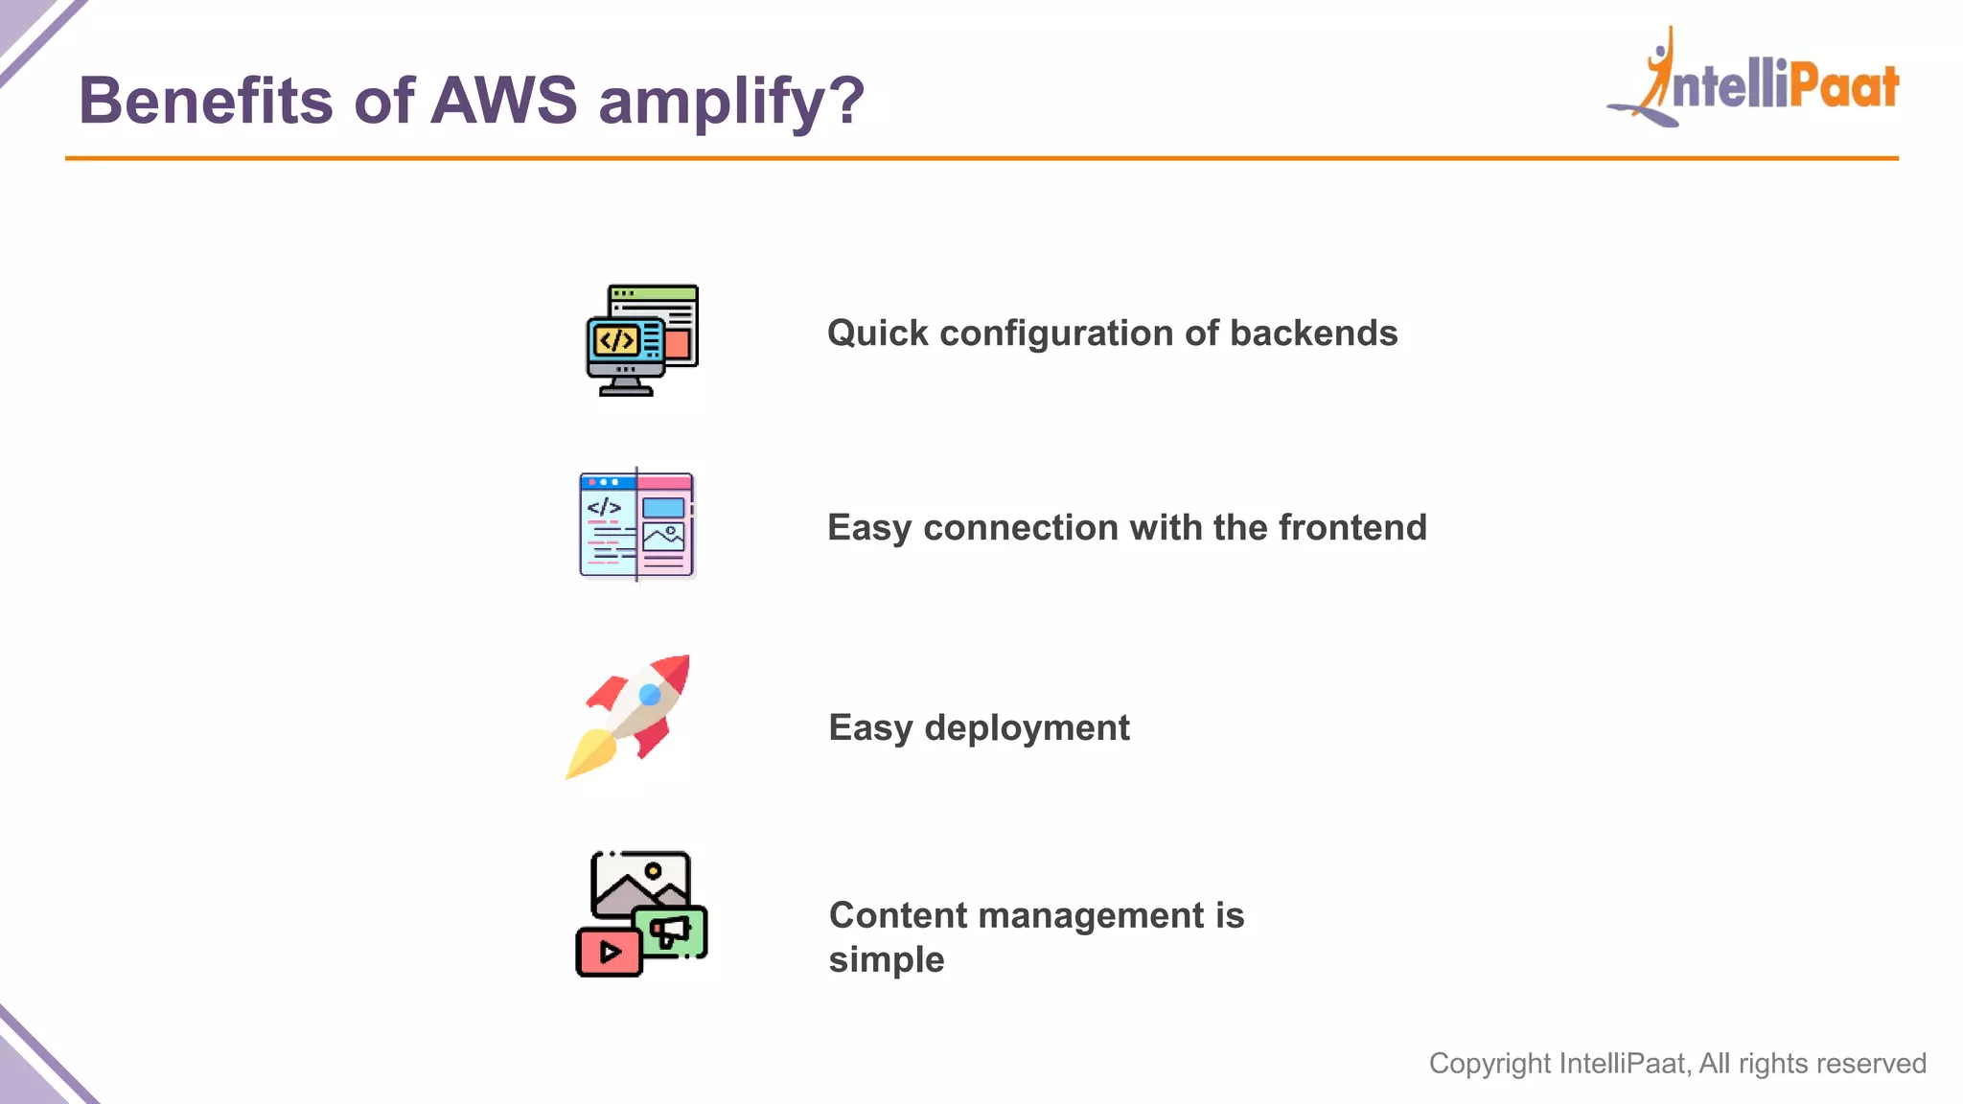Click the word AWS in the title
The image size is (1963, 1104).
click(x=504, y=101)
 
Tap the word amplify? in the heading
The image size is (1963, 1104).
click(x=731, y=103)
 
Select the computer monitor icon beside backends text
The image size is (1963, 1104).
click(x=641, y=340)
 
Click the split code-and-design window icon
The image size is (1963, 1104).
click(x=637, y=525)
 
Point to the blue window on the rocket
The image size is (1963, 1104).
click(x=650, y=694)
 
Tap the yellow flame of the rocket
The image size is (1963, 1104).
click(x=589, y=753)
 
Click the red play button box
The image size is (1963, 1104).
click(x=609, y=953)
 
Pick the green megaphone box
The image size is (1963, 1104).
click(x=672, y=930)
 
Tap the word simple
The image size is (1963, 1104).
click(x=887, y=959)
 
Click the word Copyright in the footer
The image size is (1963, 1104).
click(x=1490, y=1064)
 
